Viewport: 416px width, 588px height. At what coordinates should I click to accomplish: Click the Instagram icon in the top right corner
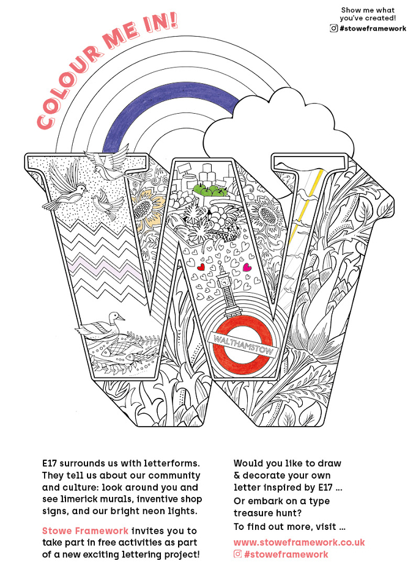pos(333,28)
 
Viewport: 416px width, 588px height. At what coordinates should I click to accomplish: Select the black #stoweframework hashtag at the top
pos(373,29)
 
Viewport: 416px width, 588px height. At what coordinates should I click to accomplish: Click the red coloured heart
pos(201,267)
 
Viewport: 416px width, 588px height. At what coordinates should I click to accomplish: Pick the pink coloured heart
pos(247,267)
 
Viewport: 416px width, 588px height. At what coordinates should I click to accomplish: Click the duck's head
pos(115,317)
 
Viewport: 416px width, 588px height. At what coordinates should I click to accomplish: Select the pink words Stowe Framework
pos(85,531)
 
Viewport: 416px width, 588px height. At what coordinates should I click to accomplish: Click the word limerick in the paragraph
pos(81,499)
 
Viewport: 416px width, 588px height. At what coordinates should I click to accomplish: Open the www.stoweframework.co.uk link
pos(299,543)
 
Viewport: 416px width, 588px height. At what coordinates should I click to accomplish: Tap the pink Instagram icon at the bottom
pos(237,554)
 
